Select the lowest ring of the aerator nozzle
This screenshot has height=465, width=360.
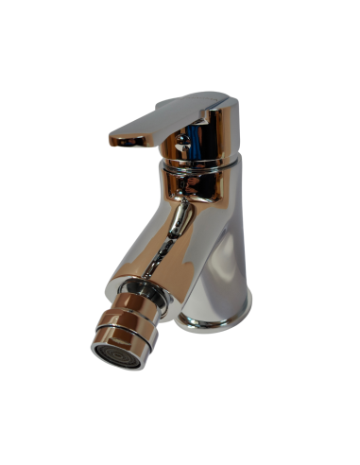[119, 338]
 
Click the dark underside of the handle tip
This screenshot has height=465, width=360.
[128, 141]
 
